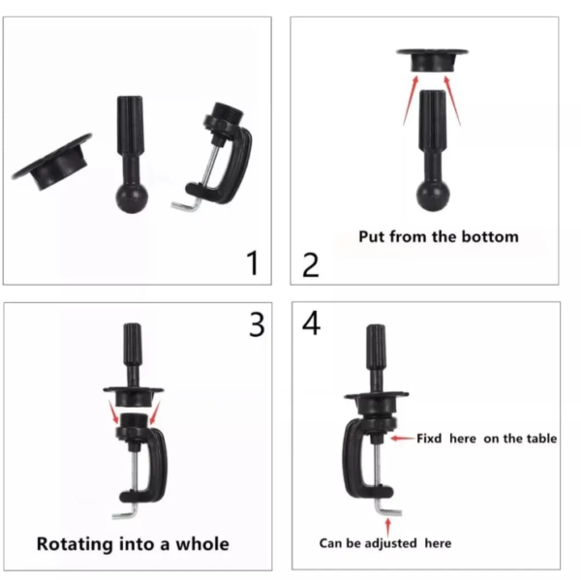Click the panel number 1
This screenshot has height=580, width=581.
click(x=253, y=262)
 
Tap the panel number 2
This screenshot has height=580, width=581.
click(x=311, y=265)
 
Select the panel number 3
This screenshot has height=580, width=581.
click(x=257, y=324)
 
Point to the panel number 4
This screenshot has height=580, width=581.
click(x=311, y=323)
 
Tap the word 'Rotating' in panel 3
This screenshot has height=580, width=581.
click(x=75, y=544)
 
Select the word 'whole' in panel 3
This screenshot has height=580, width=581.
click(x=202, y=543)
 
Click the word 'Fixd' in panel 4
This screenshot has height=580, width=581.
click(x=429, y=439)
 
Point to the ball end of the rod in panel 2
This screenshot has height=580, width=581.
click(x=433, y=195)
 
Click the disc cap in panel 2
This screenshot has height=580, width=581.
click(x=433, y=60)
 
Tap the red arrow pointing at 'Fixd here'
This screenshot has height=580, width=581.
click(x=403, y=439)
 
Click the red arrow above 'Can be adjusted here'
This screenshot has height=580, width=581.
click(x=388, y=527)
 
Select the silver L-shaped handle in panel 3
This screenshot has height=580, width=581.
click(x=126, y=511)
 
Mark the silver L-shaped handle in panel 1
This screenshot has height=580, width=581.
click(x=186, y=204)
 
